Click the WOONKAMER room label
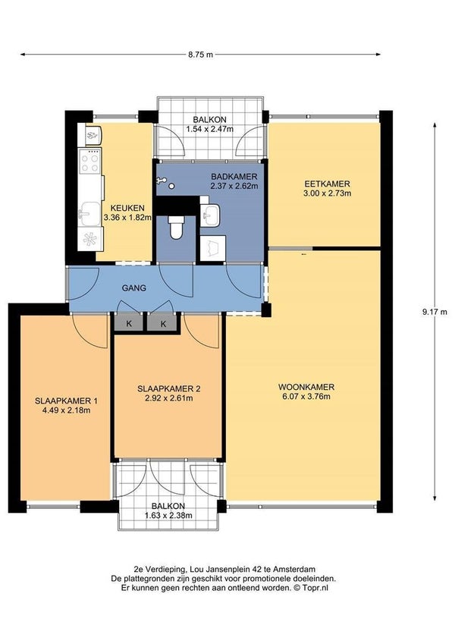pyautogui.click(x=306, y=387)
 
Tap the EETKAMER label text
pyautogui.click(x=327, y=184)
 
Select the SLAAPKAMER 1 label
pyautogui.click(x=66, y=401)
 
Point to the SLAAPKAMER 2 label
pyautogui.click(x=169, y=388)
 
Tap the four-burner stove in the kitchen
pyautogui.click(x=90, y=162)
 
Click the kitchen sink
pyautogui.click(x=90, y=214)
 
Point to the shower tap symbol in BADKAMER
pyautogui.click(x=161, y=181)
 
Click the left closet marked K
pyautogui.click(x=128, y=323)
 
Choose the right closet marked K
pyautogui.click(x=163, y=323)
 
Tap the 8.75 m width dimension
pyautogui.click(x=200, y=54)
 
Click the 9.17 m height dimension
pyautogui.click(x=435, y=312)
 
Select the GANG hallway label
pyautogui.click(x=134, y=288)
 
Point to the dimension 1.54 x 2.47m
pyautogui.click(x=209, y=129)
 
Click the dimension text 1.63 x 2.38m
pyautogui.click(x=168, y=516)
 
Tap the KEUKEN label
pyautogui.click(x=127, y=209)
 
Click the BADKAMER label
pyautogui.click(x=234, y=177)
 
